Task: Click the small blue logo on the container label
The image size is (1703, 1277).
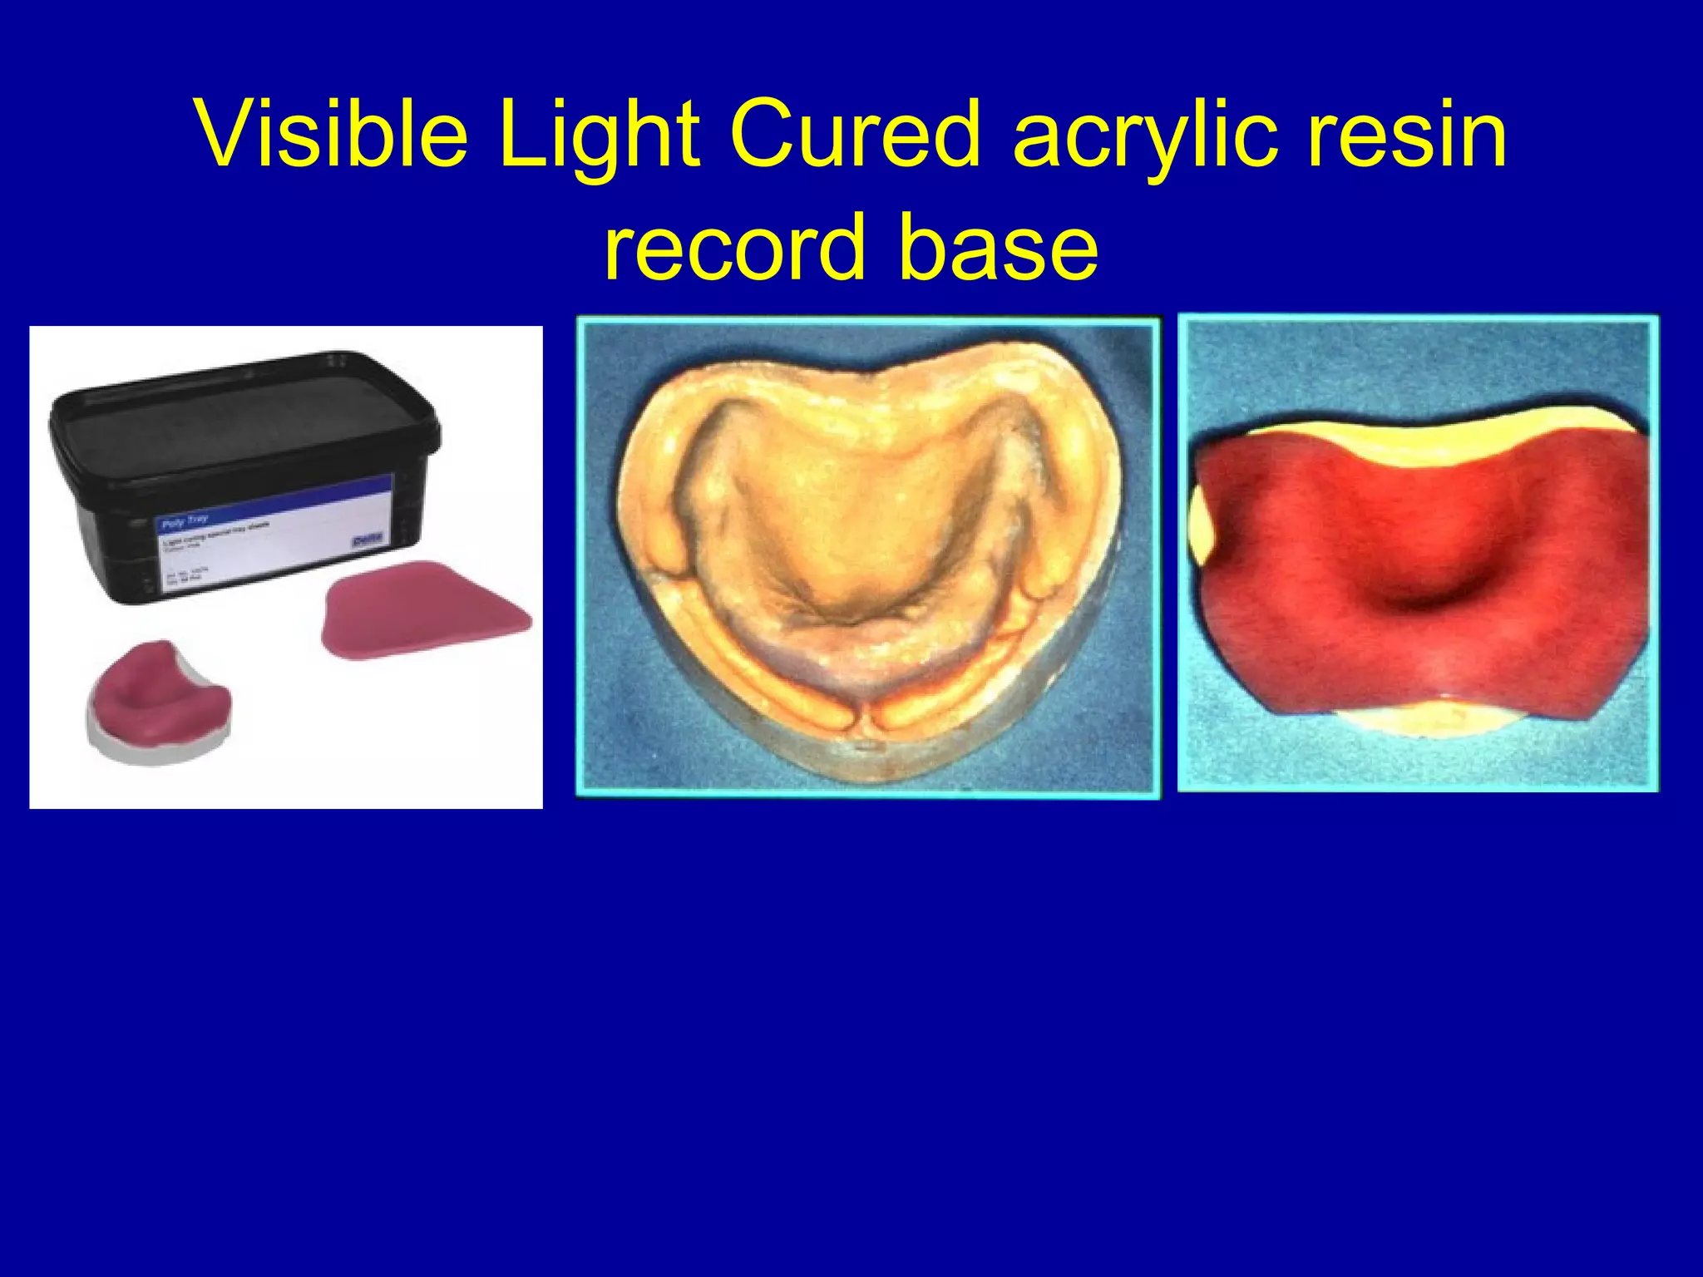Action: point(366,541)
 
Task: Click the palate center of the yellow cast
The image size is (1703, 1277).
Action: point(865,532)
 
